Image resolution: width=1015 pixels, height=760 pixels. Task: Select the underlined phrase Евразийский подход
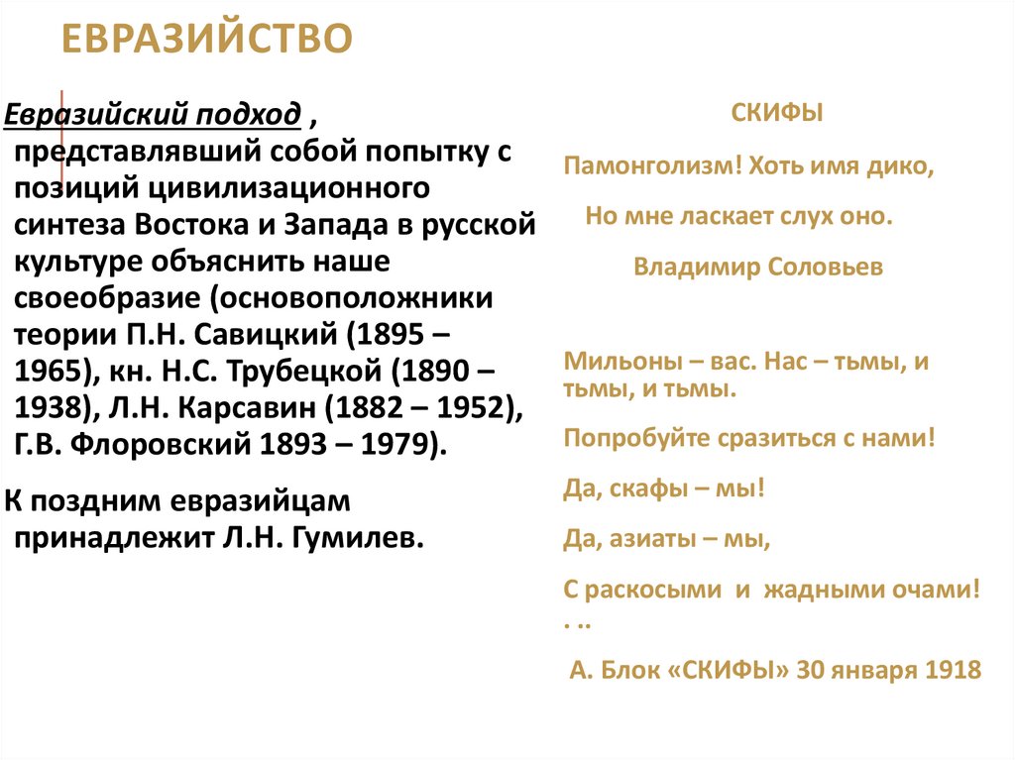[154, 115]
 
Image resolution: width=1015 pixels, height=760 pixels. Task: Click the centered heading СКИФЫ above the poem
[777, 115]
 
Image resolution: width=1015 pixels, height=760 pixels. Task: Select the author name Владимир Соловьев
[758, 267]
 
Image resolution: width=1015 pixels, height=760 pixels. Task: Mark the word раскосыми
[655, 590]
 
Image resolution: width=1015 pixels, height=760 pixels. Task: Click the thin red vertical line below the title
[63, 149]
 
